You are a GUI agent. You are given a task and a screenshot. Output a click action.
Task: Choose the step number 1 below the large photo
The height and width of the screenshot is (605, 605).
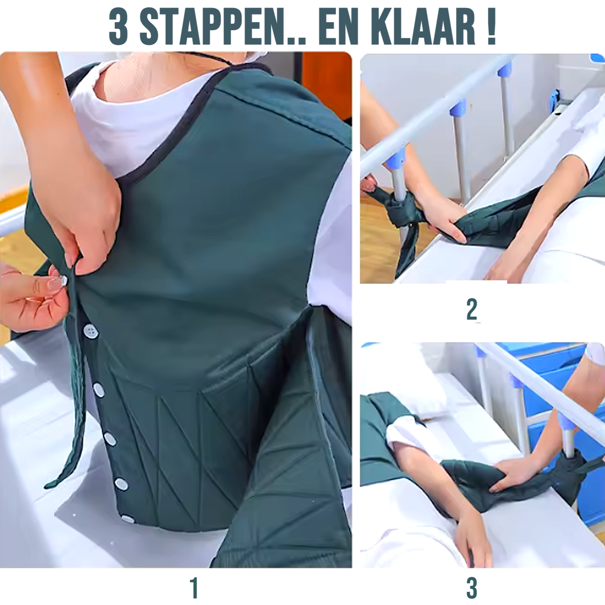[194, 579]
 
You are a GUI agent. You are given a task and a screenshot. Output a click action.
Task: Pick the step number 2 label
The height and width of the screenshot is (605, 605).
[472, 309]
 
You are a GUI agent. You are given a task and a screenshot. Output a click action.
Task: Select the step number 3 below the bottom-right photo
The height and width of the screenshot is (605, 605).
[472, 579]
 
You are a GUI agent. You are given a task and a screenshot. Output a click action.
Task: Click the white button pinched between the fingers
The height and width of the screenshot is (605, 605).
[64, 280]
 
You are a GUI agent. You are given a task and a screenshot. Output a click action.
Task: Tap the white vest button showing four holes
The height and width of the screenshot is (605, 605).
[91, 331]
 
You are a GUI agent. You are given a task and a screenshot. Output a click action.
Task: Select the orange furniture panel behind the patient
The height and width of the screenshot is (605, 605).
[327, 85]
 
